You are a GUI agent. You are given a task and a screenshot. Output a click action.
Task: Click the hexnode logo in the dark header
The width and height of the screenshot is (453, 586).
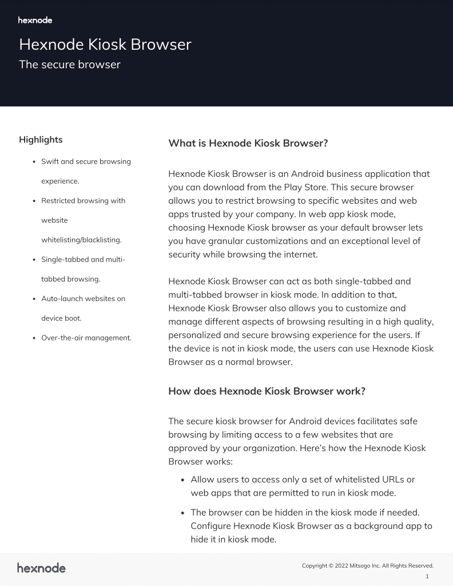click(x=35, y=21)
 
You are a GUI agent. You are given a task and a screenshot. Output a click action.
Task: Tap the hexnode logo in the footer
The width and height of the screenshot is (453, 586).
click(x=41, y=568)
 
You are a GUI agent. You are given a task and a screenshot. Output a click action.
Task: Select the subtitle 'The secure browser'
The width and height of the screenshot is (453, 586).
click(x=70, y=65)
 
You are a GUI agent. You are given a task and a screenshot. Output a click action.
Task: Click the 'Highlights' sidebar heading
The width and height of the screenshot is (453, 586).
click(x=41, y=140)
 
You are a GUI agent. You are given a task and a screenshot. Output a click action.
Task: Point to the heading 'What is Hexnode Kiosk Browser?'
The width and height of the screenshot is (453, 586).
click(x=248, y=143)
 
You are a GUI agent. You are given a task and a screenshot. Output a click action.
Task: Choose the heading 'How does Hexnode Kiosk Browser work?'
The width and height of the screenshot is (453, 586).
click(x=267, y=391)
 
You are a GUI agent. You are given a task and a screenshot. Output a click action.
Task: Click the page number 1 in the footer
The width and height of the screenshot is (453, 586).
click(x=427, y=576)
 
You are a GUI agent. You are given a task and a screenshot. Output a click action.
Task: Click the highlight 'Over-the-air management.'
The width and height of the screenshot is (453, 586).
click(x=86, y=338)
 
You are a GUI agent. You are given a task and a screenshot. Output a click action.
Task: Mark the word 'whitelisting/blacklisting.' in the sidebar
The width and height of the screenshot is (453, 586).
click(x=81, y=240)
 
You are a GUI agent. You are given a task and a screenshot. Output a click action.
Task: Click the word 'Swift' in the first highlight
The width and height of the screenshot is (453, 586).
click(x=50, y=161)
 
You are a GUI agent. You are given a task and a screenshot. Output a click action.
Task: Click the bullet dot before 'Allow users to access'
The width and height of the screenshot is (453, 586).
click(x=182, y=480)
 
